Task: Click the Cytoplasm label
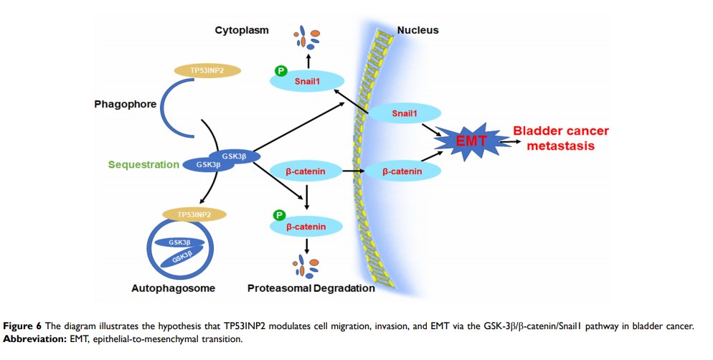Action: (x=242, y=30)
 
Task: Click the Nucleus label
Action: (x=417, y=30)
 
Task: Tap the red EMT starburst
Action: (x=473, y=142)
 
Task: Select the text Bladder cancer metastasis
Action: (x=560, y=138)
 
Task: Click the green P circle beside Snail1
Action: (x=281, y=71)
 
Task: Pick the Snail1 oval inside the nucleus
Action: (x=403, y=114)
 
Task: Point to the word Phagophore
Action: (x=126, y=104)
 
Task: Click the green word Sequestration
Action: (x=143, y=164)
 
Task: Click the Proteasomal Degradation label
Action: (x=311, y=288)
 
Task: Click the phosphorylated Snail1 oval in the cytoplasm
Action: (x=308, y=82)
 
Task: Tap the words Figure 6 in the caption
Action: (x=22, y=326)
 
